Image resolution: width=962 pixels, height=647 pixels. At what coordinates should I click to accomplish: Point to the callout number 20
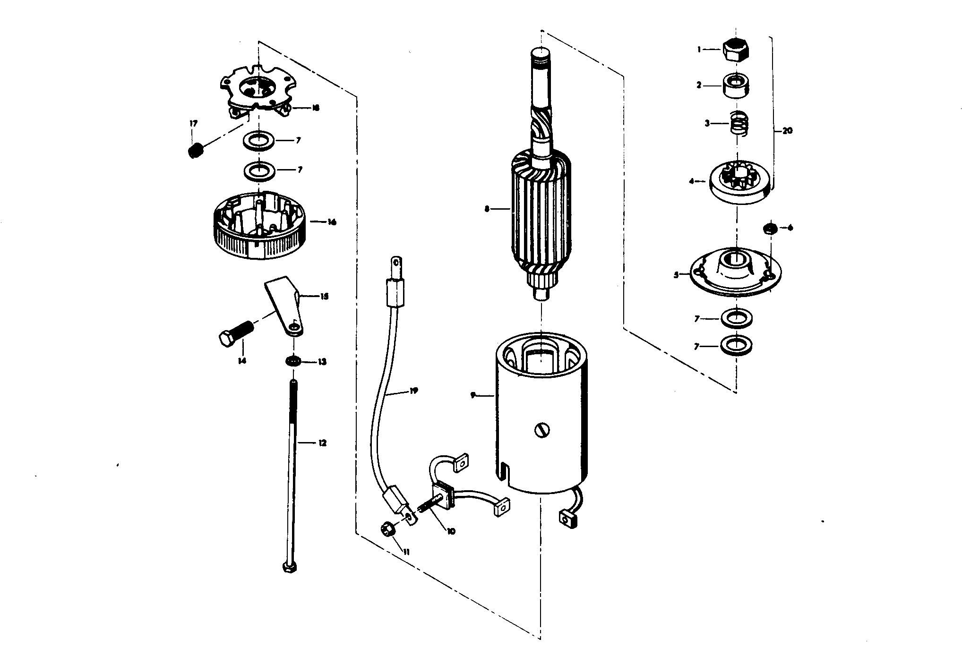[x=787, y=131]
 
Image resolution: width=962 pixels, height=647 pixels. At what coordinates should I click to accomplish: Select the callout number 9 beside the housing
[x=473, y=395]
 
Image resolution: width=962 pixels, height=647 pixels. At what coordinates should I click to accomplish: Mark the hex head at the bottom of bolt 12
[x=289, y=566]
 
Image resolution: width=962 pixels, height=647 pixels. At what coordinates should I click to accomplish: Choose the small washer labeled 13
[x=293, y=362]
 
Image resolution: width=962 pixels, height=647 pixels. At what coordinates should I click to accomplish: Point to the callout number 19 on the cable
[x=414, y=391]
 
